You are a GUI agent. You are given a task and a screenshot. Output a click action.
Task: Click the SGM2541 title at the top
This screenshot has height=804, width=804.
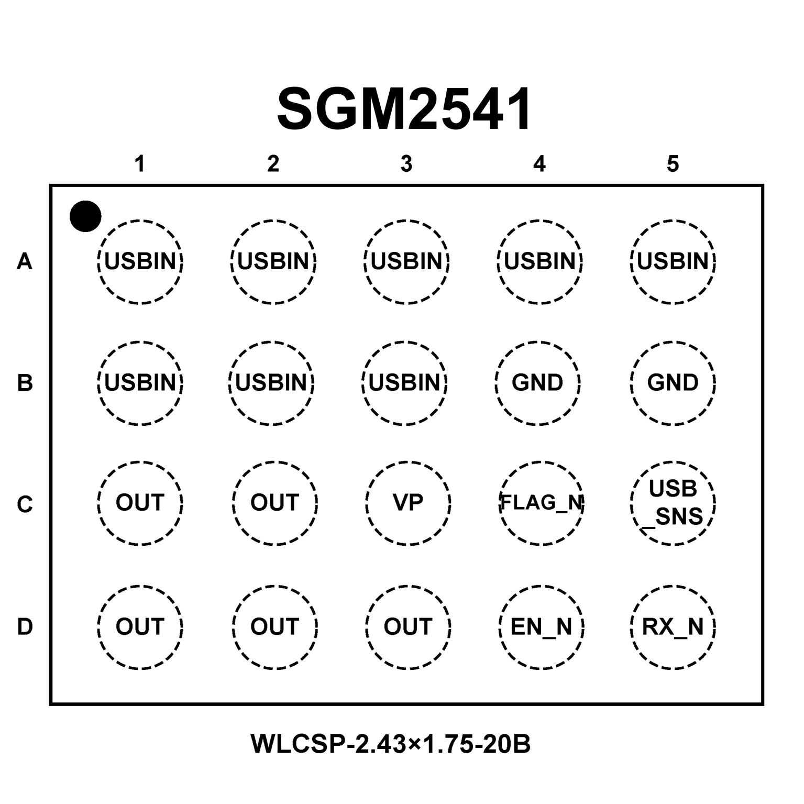coord(404,109)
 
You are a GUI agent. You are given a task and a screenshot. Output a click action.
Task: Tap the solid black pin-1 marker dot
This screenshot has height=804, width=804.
coord(85,216)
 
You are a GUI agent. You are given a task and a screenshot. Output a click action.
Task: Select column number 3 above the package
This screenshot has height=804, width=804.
coord(406,164)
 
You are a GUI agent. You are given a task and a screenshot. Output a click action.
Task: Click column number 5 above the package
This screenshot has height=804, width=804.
coord(673,164)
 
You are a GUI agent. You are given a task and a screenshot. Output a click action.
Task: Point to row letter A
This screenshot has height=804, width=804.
coord(25,261)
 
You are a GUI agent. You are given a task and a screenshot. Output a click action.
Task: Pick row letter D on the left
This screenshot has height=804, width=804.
coord(25,626)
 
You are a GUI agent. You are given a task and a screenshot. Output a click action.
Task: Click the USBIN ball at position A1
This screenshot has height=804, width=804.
coord(140,261)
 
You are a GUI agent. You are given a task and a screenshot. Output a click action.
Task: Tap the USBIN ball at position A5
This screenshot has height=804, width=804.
coord(673,261)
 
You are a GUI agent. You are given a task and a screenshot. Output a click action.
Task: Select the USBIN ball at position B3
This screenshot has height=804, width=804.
coord(404,383)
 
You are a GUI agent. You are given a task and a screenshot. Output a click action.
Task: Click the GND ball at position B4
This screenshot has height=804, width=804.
coord(537,383)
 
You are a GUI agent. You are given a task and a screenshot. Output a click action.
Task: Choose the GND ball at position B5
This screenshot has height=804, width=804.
coord(673,383)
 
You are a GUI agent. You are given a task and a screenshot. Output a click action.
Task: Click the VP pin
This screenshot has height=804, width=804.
coord(407,503)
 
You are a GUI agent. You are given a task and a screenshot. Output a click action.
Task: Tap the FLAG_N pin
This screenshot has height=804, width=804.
coord(542,503)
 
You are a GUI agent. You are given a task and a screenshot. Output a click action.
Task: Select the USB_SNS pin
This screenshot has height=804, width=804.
coord(673,503)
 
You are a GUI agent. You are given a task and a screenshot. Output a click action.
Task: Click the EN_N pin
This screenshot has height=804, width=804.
coord(541,626)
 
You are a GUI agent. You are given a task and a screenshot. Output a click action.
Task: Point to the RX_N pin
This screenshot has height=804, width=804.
coord(673,626)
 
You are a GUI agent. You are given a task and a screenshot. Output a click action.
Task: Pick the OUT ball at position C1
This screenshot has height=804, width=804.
coord(140,503)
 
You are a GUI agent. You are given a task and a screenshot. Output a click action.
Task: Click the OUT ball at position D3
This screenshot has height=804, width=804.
coord(407,626)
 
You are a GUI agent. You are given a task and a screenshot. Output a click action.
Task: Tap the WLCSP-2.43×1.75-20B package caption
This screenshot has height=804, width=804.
coord(391,744)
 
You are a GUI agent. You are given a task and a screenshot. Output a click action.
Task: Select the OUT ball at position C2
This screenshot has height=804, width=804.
coord(274,503)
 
